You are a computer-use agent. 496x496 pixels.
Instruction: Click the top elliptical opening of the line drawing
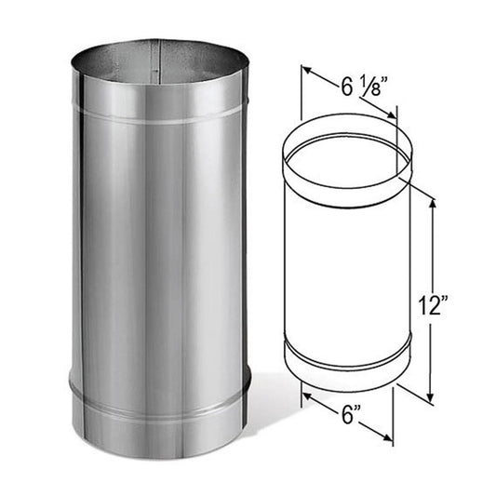pos(346,153)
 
